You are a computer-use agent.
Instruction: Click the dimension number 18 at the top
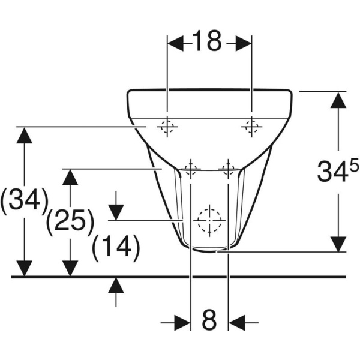[x=208, y=41]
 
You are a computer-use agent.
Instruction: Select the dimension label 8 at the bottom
[x=209, y=321]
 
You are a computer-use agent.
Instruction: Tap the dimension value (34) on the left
[x=24, y=200]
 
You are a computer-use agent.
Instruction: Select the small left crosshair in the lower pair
[x=191, y=169]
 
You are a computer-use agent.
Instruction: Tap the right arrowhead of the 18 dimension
[x=242, y=43]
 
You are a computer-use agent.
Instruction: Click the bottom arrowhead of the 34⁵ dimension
[x=338, y=243]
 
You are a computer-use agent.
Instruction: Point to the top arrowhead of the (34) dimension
[x=24, y=136]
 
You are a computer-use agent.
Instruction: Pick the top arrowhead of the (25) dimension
[x=71, y=178]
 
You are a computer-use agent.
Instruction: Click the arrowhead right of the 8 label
[x=236, y=322]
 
